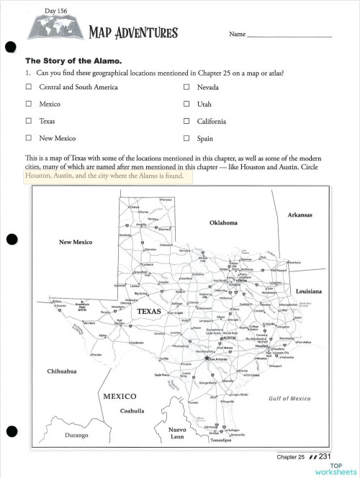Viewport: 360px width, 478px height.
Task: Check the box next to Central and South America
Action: point(29,87)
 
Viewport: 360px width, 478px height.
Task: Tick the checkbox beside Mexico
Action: point(29,104)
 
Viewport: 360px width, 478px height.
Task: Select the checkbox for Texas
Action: point(29,122)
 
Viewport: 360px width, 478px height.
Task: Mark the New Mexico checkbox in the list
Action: point(29,138)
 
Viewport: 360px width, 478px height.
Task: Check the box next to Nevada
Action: point(186,87)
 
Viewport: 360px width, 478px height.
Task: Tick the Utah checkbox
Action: point(186,104)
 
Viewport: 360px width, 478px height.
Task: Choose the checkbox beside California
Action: point(186,122)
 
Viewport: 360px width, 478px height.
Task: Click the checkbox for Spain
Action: point(186,138)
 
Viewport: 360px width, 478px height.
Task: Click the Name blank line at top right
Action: point(289,35)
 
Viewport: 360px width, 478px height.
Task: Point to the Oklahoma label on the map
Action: point(223,223)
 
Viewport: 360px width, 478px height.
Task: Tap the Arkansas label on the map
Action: point(303,215)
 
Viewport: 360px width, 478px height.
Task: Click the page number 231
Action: point(325,456)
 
